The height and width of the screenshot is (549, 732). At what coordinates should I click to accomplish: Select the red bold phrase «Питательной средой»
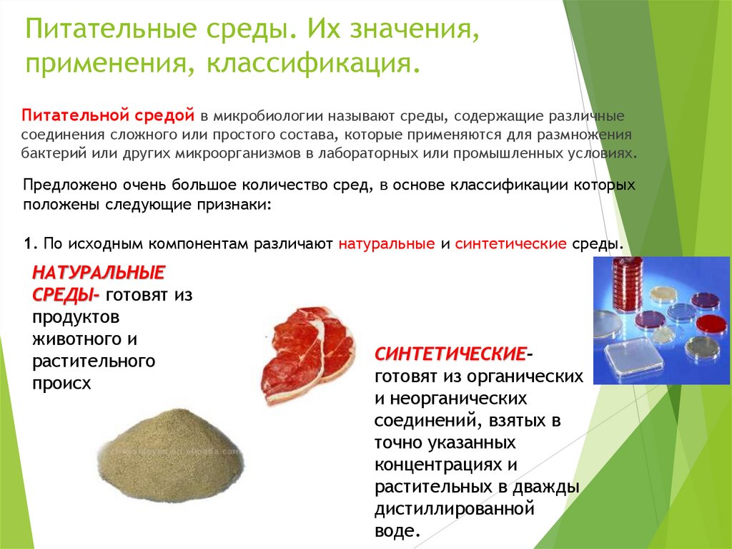pos(109,115)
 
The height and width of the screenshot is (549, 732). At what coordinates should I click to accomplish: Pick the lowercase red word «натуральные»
pos(387,243)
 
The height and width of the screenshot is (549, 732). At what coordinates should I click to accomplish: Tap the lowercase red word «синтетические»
pos(510,243)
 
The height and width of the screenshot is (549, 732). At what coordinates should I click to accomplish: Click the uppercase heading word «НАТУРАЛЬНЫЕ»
pos(99,272)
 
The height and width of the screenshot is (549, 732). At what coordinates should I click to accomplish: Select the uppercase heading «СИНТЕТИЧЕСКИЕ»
pos(451,355)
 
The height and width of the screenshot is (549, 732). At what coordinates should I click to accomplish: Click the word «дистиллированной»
pos(455,510)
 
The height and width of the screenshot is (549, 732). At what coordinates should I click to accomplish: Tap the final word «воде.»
pos(395,531)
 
